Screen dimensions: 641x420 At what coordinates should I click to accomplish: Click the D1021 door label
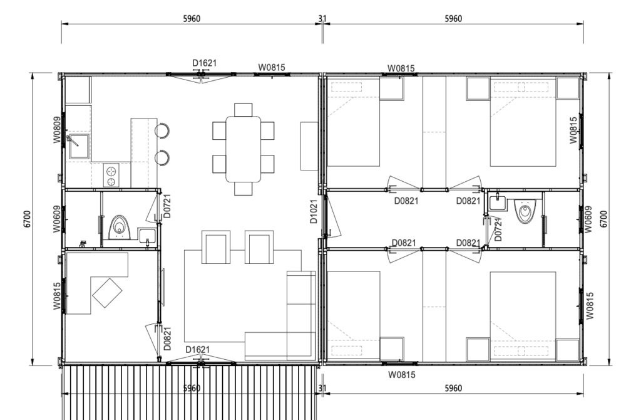pyautogui.click(x=314, y=212)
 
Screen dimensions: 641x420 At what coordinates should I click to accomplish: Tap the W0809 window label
pyautogui.click(x=57, y=130)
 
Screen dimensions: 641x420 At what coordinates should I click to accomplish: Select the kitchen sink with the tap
pyautogui.click(x=78, y=145)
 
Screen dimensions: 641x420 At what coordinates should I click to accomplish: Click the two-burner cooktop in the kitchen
pyautogui.click(x=111, y=175)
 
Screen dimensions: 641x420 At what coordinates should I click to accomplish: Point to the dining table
pyautogui.click(x=244, y=149)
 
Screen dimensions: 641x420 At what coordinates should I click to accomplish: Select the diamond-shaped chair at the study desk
pyautogui.click(x=107, y=293)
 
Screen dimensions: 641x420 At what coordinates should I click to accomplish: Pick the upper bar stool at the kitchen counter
pyautogui.click(x=162, y=130)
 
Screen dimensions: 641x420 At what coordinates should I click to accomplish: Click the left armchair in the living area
pyautogui.click(x=216, y=247)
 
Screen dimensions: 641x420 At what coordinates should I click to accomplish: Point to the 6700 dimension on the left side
pyautogui.click(x=27, y=219)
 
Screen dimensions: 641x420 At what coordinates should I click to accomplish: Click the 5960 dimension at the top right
pyautogui.click(x=453, y=18)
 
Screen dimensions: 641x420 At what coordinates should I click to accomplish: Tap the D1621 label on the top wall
pyautogui.click(x=205, y=63)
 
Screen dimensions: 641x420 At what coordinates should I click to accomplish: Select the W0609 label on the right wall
pyautogui.click(x=588, y=219)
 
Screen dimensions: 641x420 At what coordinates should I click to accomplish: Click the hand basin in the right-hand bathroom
pyautogui.click(x=497, y=202)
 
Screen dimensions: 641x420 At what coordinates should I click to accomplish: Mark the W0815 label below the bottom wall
pyautogui.click(x=401, y=375)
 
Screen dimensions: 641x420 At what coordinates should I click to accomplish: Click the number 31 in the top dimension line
pyautogui.click(x=322, y=18)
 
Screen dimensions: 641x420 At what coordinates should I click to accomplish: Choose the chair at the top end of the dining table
pyautogui.click(x=244, y=110)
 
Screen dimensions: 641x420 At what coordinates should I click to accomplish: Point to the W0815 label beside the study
pyautogui.click(x=57, y=296)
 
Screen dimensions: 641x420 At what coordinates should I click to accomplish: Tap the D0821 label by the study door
pyautogui.click(x=167, y=338)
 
